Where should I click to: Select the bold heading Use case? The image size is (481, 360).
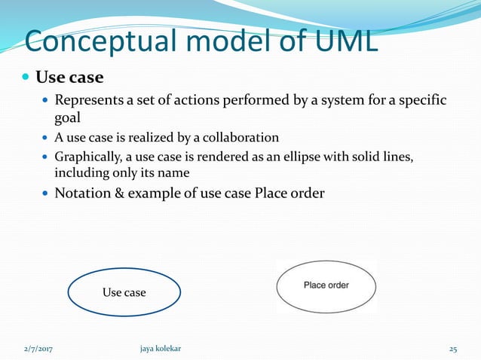(69, 78)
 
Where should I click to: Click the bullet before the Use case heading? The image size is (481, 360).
(26, 78)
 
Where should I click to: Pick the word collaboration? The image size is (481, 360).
(236, 137)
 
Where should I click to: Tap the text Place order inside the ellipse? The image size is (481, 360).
(326, 285)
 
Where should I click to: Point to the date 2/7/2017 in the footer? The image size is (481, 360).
(43, 349)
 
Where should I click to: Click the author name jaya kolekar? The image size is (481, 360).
(161, 349)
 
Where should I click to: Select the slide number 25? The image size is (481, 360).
(452, 349)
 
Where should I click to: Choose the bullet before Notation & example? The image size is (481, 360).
(46, 194)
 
